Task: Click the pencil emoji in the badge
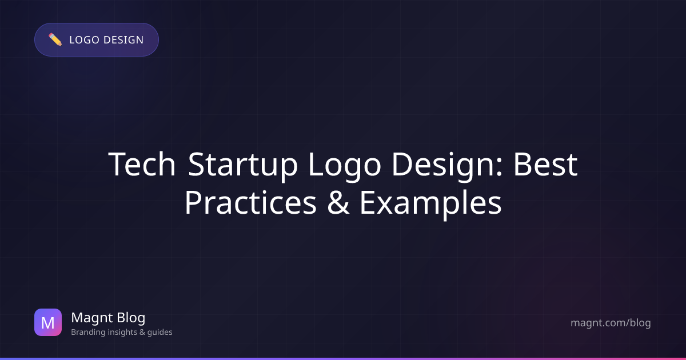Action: tap(55, 40)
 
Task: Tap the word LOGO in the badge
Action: tap(84, 40)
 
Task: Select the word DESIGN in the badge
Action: tap(123, 40)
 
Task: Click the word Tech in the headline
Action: tap(142, 165)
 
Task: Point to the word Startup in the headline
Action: tap(242, 166)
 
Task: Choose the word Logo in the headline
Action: tap(345, 166)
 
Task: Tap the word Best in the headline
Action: tap(545, 165)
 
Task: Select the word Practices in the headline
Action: tap(250, 202)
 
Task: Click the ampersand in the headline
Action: tap(338, 203)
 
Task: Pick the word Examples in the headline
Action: tap(430, 204)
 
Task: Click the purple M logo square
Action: tap(48, 322)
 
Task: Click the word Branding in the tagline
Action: tap(87, 332)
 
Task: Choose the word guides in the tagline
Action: tap(160, 332)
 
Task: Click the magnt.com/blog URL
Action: tap(611, 323)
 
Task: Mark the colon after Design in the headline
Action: tap(499, 169)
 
